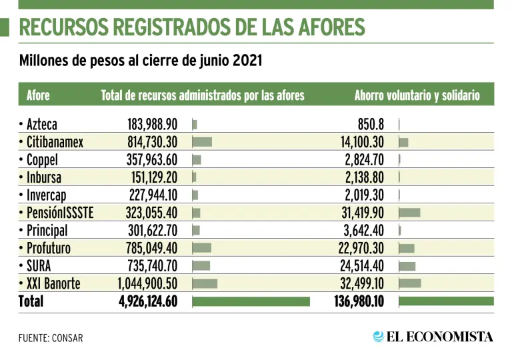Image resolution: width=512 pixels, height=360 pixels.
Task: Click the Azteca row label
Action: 41,124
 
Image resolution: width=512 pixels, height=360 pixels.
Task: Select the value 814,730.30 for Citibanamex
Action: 152,141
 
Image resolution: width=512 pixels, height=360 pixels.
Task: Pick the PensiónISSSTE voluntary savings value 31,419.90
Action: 359,213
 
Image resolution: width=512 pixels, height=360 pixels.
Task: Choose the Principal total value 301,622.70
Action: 152,231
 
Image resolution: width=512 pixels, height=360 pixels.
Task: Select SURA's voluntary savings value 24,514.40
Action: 359,266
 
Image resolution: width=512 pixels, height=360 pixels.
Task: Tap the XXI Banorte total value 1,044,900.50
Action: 147,283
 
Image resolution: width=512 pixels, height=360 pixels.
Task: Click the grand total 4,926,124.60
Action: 148,301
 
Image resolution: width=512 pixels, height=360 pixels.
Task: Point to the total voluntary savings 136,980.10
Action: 359,301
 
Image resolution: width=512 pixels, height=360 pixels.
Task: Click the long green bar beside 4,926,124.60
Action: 251,301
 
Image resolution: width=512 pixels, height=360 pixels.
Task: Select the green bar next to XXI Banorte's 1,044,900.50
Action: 205,283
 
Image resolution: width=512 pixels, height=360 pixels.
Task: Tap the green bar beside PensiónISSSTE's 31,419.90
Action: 409,213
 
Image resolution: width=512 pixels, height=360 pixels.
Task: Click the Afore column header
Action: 38,95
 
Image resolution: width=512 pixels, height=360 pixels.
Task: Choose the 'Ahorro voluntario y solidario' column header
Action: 417,95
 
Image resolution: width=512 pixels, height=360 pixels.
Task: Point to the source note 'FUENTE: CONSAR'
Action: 51,338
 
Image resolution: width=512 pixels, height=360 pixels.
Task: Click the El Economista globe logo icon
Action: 379,337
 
